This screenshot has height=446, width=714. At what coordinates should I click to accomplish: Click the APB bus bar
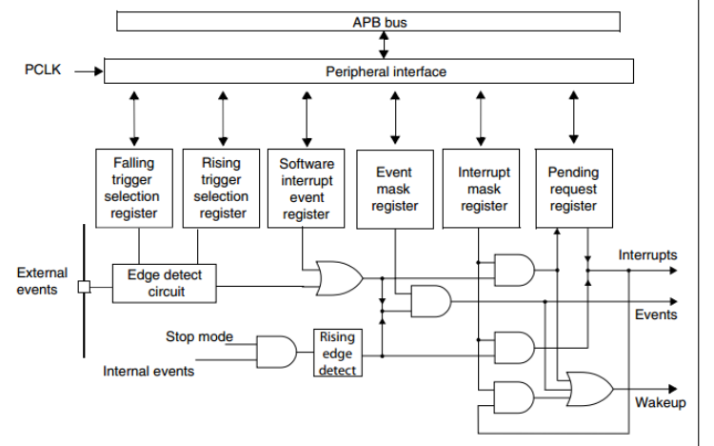(367, 21)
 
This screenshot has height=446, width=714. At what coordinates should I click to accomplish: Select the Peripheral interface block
(367, 71)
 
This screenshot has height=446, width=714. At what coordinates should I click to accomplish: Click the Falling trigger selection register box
(133, 188)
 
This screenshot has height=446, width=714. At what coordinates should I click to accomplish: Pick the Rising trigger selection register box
(221, 188)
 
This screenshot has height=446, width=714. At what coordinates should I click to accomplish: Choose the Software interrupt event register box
(307, 188)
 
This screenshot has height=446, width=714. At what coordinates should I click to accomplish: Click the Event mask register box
(394, 188)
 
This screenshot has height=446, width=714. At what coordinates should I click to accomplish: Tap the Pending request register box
(573, 188)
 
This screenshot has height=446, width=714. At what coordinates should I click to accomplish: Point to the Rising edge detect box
(337, 352)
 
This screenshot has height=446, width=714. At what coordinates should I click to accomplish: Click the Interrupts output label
(647, 255)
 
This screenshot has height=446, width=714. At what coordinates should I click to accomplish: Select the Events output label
(656, 314)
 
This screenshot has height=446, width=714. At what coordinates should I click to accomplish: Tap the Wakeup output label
(660, 402)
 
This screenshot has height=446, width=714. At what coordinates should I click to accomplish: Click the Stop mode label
(199, 336)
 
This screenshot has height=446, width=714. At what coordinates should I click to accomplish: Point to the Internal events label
(149, 371)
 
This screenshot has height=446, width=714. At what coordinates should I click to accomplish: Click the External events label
(42, 280)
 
